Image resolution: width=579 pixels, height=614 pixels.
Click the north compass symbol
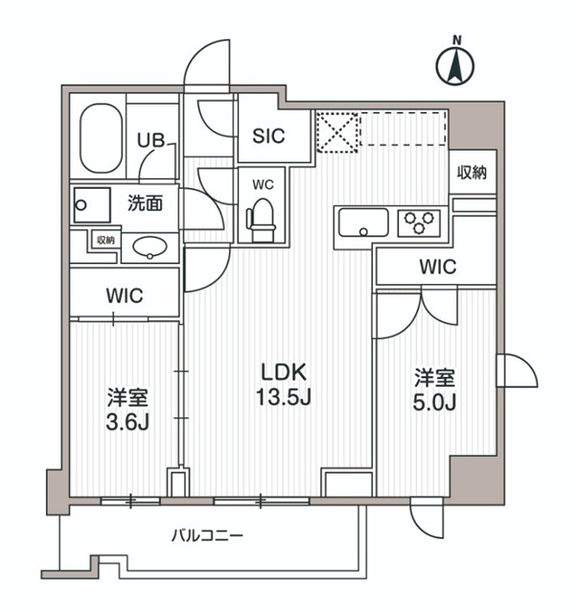457,64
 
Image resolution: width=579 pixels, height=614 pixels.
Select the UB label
150,140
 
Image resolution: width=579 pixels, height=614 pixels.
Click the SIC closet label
268,136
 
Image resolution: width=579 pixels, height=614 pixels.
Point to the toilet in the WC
261,218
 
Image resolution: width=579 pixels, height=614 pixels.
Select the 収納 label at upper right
472,173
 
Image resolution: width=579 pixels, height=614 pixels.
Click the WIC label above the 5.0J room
436,267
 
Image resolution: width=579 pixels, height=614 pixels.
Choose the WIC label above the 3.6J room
125,295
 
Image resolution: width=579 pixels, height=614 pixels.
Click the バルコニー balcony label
207,535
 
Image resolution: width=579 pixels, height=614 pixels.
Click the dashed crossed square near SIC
336,132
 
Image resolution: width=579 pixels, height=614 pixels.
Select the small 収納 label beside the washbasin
104,240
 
